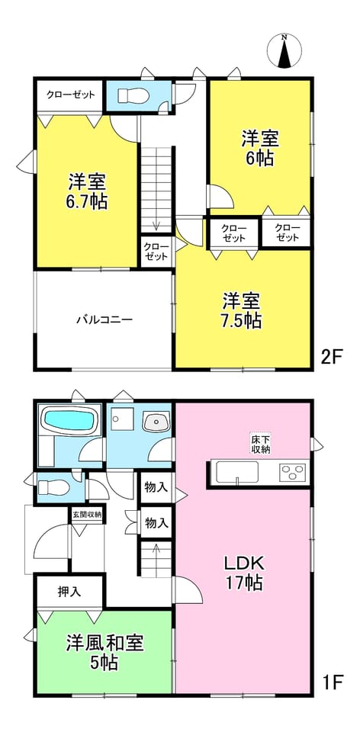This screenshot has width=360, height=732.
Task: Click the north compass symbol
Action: [x=284, y=50]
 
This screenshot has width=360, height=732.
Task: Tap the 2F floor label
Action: [x=332, y=359]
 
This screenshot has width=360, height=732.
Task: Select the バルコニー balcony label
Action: [x=105, y=320]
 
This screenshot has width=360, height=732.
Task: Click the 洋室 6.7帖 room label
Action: [x=87, y=191]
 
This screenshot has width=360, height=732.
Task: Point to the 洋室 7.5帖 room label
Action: [x=242, y=310]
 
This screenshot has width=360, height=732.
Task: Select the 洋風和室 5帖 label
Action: [x=105, y=652]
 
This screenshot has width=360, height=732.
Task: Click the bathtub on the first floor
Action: [x=70, y=419]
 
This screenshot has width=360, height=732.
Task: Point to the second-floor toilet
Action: [x=133, y=96]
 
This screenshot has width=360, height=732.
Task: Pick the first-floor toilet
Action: [x=53, y=488]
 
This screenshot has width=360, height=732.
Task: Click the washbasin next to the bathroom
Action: [x=156, y=423]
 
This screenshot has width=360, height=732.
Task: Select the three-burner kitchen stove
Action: [x=292, y=473]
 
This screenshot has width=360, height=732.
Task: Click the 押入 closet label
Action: [x=69, y=592]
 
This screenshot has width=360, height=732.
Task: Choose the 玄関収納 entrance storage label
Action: [x=87, y=515]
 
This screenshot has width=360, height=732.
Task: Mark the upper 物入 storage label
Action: [x=156, y=488]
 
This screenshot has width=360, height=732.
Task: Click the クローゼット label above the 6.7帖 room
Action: [x=70, y=95]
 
